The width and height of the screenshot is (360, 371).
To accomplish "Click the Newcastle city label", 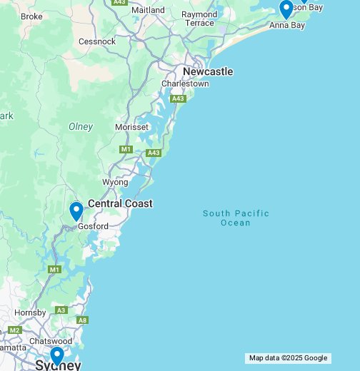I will (208, 71).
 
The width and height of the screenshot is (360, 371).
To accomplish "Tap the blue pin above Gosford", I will (76, 211).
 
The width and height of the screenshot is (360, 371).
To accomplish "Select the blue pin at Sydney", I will (57, 355).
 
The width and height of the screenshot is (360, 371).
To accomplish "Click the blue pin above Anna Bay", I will (286, 9).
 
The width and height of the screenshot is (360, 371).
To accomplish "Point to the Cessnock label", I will (97, 41).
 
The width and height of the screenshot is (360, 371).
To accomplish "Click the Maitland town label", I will (148, 11).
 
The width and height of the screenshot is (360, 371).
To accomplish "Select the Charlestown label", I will (185, 83).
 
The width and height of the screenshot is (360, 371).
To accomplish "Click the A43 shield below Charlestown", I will (178, 98).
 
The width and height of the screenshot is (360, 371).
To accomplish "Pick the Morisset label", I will (132, 127).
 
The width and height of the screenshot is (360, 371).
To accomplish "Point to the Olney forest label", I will (81, 126).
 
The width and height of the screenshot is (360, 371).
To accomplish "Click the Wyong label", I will (115, 182).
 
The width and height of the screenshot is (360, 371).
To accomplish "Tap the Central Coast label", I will (120, 203).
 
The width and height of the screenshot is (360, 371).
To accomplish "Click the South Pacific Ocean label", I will (236, 218).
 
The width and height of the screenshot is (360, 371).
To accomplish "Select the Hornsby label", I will (31, 312).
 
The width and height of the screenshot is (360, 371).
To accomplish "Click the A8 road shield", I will (82, 320).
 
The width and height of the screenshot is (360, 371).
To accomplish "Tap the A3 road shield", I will (61, 310).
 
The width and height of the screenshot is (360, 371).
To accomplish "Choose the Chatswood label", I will (52, 341).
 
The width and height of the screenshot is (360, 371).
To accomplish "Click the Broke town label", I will (31, 16).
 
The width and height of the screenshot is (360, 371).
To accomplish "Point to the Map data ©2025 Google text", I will (288, 358).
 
